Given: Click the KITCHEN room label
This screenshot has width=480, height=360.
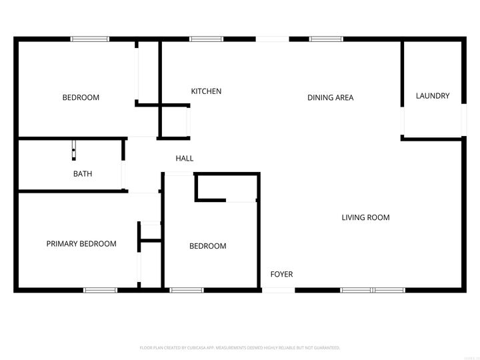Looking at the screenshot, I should pyautogui.click(x=206, y=91).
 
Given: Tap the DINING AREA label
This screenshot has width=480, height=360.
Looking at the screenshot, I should pyautogui.click(x=330, y=97).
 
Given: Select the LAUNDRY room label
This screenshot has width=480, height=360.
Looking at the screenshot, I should pyautogui.click(x=432, y=96).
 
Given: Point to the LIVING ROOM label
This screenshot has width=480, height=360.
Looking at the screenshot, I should pyautogui.click(x=365, y=217).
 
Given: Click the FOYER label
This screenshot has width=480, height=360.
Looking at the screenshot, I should pyautogui.click(x=281, y=274).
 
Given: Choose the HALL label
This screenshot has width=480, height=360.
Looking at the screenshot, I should pyautogui.click(x=185, y=159).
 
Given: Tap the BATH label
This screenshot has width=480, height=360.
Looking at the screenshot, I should pyautogui.click(x=83, y=174).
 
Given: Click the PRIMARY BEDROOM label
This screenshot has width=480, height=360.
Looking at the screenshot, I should pyautogui.click(x=81, y=244).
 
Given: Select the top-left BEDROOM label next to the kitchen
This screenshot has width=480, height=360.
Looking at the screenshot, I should pyautogui.click(x=81, y=97).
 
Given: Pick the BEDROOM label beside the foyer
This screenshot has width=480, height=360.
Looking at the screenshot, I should pyautogui.click(x=208, y=246).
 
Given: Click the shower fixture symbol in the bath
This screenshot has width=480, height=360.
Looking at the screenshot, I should pyautogui.click(x=73, y=150).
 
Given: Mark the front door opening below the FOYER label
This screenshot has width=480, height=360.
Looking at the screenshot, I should pyautogui.click(x=278, y=290).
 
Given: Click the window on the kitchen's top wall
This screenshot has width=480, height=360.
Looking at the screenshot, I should pyautogui.click(x=206, y=39).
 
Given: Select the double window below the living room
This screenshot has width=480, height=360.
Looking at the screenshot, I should pyautogui.click(x=372, y=290).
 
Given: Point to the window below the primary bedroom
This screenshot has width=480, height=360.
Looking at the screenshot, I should pyautogui.click(x=100, y=290).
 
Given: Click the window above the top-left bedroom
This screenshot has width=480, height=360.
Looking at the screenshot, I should pyautogui.click(x=90, y=39).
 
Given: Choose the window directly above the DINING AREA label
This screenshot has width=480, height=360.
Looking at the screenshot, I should pyautogui.click(x=326, y=39).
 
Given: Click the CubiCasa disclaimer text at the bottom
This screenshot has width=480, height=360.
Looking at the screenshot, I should pyautogui.click(x=240, y=348).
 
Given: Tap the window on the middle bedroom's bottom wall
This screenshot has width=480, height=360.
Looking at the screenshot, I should pyautogui.click(x=187, y=290).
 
